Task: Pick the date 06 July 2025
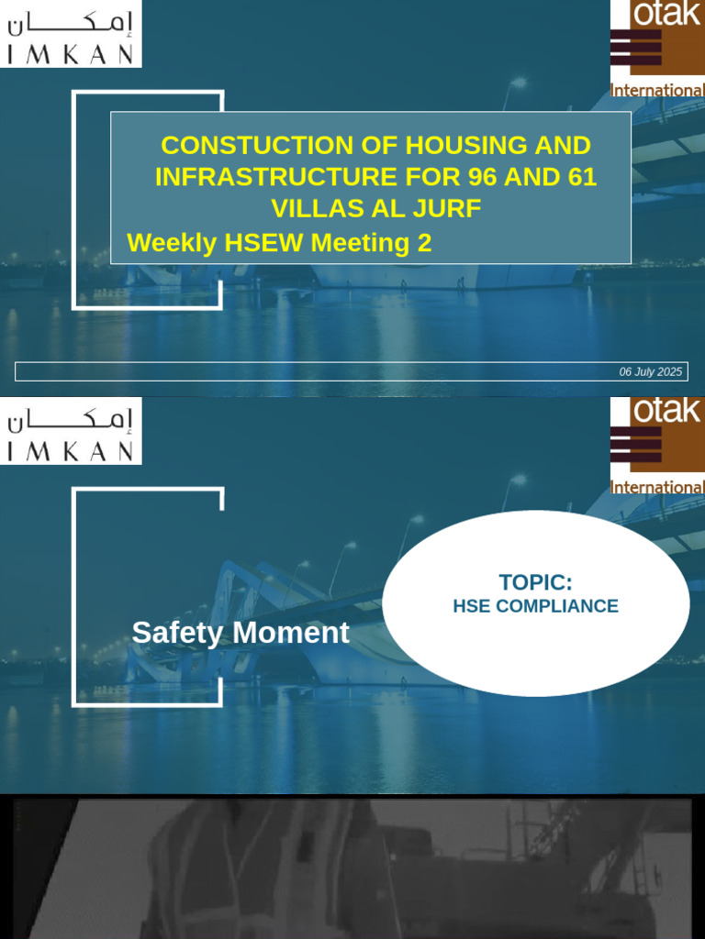click(x=650, y=371)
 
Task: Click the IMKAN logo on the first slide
click(x=71, y=35)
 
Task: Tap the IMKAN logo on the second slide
click(x=71, y=432)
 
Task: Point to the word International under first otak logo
click(x=657, y=91)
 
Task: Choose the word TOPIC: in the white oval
click(x=535, y=582)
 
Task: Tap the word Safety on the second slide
click(x=179, y=633)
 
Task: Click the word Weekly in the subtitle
click(x=172, y=243)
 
